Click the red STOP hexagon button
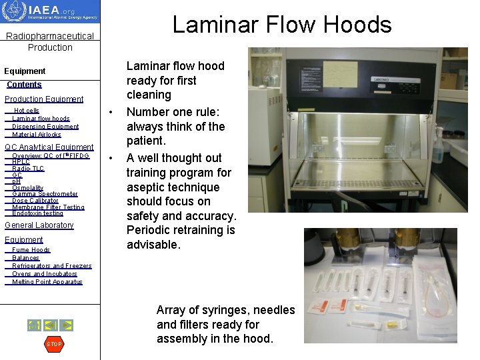point(53,344)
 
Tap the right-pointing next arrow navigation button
point(67,325)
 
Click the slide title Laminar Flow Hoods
point(281,25)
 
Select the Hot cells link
point(27,111)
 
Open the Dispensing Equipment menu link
point(45,127)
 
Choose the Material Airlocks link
point(37,135)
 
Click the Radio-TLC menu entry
point(28,169)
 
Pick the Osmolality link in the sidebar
point(28,188)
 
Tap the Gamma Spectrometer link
point(45,194)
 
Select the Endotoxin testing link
point(38,213)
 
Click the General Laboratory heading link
point(39,225)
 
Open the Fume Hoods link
point(31,250)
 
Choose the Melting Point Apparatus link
point(47,282)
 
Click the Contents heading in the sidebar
point(24,85)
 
